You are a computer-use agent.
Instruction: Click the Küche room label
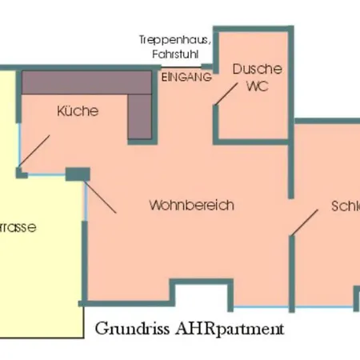(x=78, y=111)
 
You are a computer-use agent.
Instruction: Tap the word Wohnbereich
(x=191, y=206)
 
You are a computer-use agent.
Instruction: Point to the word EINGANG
(x=186, y=78)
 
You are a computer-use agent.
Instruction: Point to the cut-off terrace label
(x=18, y=227)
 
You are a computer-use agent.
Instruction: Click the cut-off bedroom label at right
(x=345, y=206)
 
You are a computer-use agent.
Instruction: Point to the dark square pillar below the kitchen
(x=78, y=173)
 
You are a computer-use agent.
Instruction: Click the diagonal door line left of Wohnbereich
(x=101, y=195)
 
